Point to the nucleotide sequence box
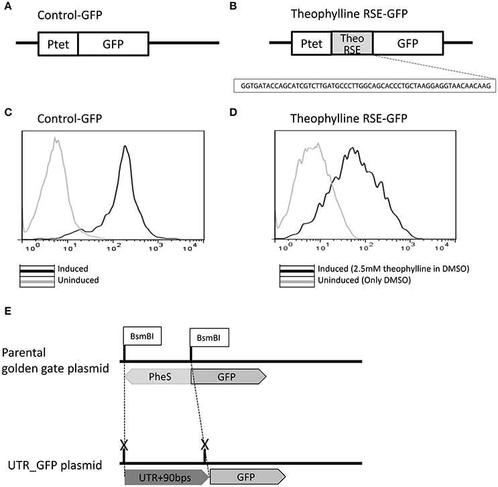(365, 86)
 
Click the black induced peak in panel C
(125, 151)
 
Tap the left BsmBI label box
(139, 336)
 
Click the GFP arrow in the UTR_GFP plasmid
(247, 476)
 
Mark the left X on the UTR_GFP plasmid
(123, 445)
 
